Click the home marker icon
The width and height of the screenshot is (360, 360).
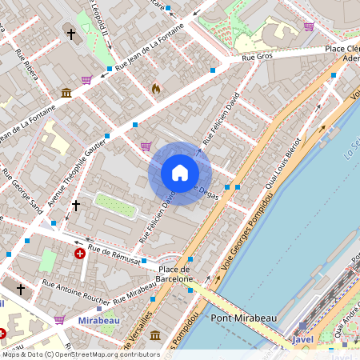point(180,173)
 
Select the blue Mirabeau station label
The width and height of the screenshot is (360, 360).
point(98,320)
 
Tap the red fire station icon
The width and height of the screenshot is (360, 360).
point(155,89)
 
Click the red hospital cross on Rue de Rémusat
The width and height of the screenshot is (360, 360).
point(80,254)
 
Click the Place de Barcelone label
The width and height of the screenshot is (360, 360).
point(177,274)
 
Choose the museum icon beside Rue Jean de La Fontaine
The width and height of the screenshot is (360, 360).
point(66,94)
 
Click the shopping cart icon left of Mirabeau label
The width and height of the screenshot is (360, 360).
point(59,319)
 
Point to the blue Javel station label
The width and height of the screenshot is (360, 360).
point(303,339)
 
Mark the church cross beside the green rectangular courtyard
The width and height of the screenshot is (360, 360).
point(76,206)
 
